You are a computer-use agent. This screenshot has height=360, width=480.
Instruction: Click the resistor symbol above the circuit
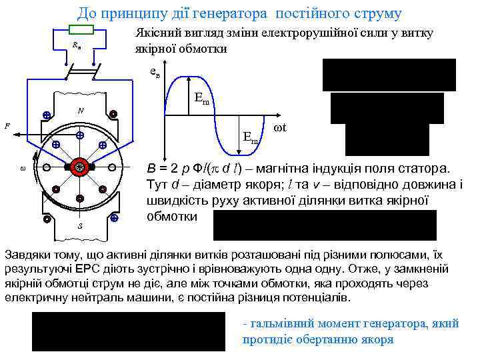click(x=81, y=29)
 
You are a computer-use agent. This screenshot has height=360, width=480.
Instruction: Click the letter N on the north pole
click(x=79, y=110)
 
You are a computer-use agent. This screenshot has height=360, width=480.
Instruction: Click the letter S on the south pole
click(x=80, y=226)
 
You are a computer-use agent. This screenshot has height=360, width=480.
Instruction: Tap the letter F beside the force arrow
click(x=7, y=125)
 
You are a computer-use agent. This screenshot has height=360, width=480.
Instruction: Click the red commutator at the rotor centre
click(x=80, y=167)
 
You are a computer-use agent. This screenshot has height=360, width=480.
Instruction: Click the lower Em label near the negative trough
click(x=251, y=139)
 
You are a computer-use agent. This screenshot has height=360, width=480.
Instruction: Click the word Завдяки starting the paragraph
click(x=28, y=255)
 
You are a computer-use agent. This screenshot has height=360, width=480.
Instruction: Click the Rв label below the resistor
click(x=77, y=45)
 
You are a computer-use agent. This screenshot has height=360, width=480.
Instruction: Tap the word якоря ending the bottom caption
click(x=379, y=339)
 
